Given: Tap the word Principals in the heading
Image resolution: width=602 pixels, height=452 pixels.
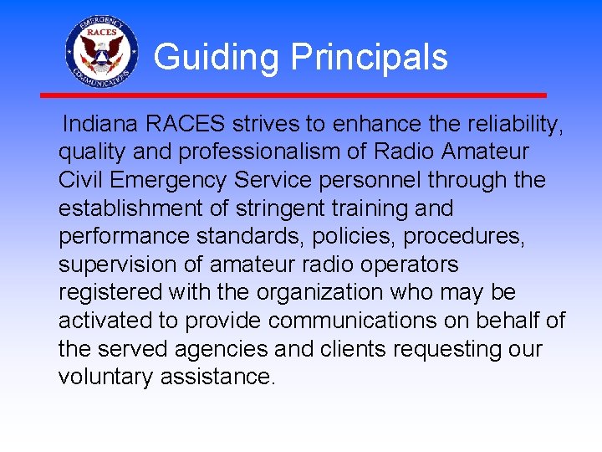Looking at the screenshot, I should click(369, 58).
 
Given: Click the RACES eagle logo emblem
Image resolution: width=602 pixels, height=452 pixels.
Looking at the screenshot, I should click(100, 52).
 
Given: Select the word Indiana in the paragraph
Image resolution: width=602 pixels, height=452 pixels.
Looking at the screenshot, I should click(100, 125).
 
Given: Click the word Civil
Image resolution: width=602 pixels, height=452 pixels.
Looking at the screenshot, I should click(84, 180).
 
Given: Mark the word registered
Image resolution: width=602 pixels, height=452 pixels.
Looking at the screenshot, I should click(110, 293).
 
